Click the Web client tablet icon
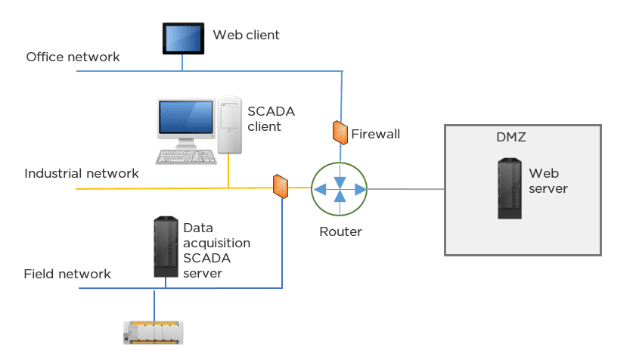(x=182, y=38)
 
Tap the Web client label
(x=246, y=35)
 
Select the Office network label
(x=73, y=57)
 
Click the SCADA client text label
(x=271, y=119)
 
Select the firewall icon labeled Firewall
(x=339, y=132)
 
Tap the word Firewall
(x=375, y=135)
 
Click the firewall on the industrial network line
(x=281, y=185)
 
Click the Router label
(x=340, y=231)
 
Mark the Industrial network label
(x=82, y=173)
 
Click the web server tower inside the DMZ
(x=510, y=188)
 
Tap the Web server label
(x=548, y=181)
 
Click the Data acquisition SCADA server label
(x=216, y=250)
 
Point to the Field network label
(x=67, y=274)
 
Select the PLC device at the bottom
(x=154, y=333)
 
